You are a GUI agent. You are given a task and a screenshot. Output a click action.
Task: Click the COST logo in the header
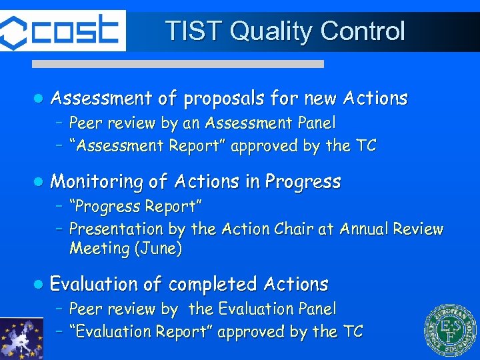pyautogui.click(x=62, y=31)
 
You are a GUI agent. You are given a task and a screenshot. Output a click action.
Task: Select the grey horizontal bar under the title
pyautogui.click(x=178, y=64)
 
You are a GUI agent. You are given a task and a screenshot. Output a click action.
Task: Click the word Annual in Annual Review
pyautogui.click(x=365, y=229)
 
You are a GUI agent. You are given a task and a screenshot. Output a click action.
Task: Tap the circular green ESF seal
pyautogui.click(x=451, y=331)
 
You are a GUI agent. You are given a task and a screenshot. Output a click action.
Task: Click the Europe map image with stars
pyautogui.click(x=21, y=338)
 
